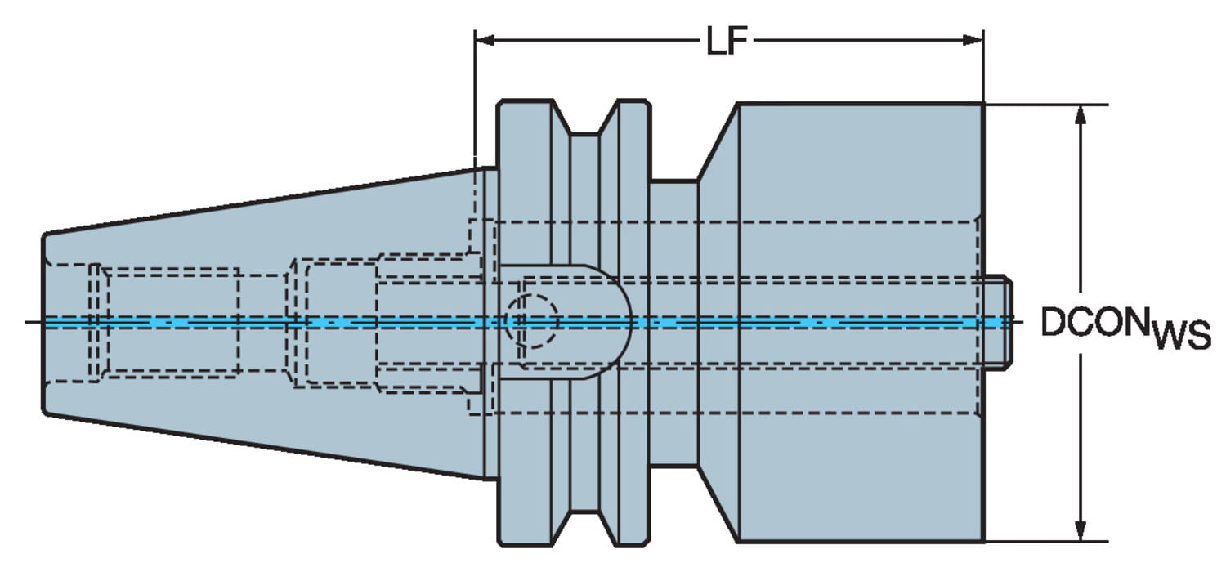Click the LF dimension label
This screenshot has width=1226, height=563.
(727, 41)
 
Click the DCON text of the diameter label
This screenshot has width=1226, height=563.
(1093, 323)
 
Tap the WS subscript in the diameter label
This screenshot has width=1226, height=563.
(1182, 335)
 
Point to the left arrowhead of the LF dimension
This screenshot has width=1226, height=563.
(485, 40)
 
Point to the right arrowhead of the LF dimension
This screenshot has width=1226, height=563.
(973, 40)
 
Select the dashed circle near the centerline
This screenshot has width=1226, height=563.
(531, 321)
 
